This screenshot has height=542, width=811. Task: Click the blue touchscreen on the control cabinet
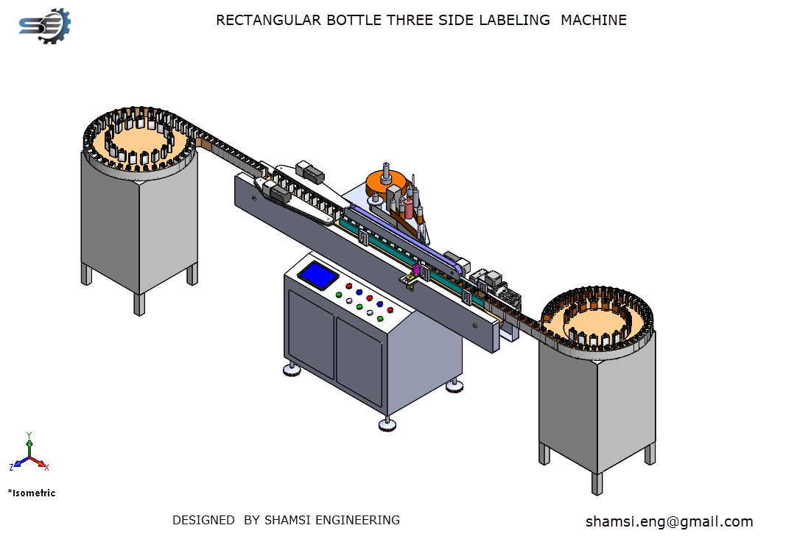click(x=318, y=275)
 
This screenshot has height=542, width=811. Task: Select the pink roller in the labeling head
click(x=409, y=208)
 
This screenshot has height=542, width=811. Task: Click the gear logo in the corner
click(x=45, y=25)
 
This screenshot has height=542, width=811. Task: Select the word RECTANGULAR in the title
click(x=268, y=20)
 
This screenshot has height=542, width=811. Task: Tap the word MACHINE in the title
click(x=593, y=20)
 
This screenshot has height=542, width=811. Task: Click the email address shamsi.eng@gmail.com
click(x=669, y=521)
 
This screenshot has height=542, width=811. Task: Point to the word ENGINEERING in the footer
click(x=357, y=520)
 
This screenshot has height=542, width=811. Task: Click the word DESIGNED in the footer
click(x=203, y=520)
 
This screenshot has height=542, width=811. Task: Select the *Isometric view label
click(x=32, y=493)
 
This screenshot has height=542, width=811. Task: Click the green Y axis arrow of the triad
click(x=29, y=445)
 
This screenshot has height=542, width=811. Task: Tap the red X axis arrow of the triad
click(x=39, y=462)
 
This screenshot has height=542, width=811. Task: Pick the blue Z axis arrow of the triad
click(x=20, y=463)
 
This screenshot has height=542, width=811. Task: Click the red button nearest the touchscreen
click(x=348, y=286)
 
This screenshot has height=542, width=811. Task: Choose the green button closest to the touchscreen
click(x=339, y=295)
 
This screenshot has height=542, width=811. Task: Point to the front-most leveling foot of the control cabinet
click(x=387, y=424)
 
